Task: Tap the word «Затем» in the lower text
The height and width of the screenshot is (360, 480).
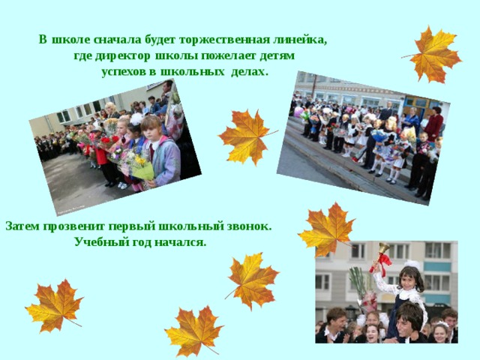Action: tap(22, 226)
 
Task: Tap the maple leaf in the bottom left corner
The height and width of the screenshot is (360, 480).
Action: tap(55, 306)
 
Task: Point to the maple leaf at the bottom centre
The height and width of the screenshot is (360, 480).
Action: tap(194, 331)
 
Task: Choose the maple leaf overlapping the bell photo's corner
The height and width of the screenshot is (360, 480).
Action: tap(327, 229)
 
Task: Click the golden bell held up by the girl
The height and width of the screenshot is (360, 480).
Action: tap(383, 248)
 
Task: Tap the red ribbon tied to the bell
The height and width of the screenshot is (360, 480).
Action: tap(381, 262)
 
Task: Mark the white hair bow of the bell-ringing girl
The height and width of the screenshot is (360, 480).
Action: tap(412, 264)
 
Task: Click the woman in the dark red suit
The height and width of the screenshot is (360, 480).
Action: tap(433, 124)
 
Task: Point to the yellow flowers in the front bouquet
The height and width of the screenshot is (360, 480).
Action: tap(140, 160)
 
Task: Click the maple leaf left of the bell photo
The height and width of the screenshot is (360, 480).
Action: tap(252, 280)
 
